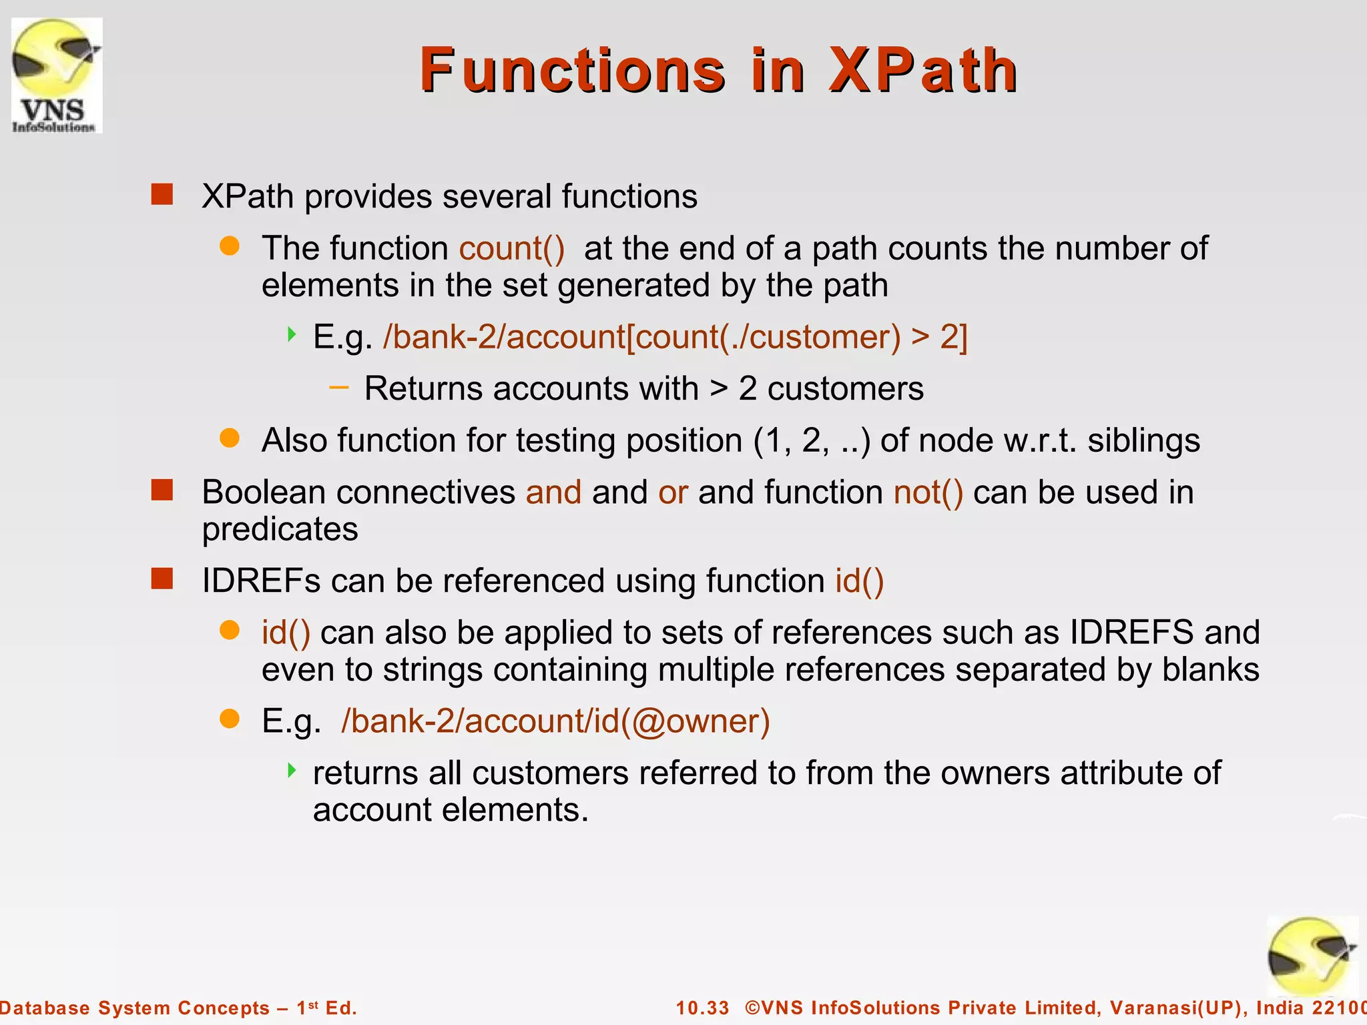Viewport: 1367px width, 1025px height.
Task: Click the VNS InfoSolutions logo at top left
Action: [x=57, y=75]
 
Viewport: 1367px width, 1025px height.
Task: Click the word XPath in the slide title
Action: [x=922, y=70]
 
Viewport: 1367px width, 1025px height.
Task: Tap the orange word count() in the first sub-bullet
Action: [x=512, y=248]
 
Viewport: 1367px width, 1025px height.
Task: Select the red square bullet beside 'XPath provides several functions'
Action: [x=162, y=195]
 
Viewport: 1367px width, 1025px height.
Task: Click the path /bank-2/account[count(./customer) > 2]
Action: [x=674, y=336]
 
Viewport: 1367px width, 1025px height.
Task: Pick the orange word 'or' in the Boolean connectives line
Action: [x=673, y=492]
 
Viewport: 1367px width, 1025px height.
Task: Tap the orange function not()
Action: [x=928, y=492]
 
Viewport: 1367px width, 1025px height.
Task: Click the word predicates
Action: [x=280, y=529]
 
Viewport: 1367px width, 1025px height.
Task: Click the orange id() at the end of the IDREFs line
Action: [x=859, y=581]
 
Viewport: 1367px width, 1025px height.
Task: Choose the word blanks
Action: [x=1210, y=669]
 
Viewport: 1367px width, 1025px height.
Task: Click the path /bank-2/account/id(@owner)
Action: [x=555, y=721]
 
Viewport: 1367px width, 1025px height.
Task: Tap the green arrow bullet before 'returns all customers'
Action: [x=292, y=771]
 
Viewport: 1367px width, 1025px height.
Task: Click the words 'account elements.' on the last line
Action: [x=451, y=810]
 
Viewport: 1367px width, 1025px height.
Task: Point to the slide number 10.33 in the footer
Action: [x=702, y=1008]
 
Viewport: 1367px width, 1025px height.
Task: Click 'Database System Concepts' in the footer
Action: [x=133, y=1008]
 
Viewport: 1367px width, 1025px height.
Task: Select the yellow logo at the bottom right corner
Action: [x=1312, y=958]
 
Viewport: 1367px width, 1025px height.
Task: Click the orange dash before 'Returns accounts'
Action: [x=339, y=387]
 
